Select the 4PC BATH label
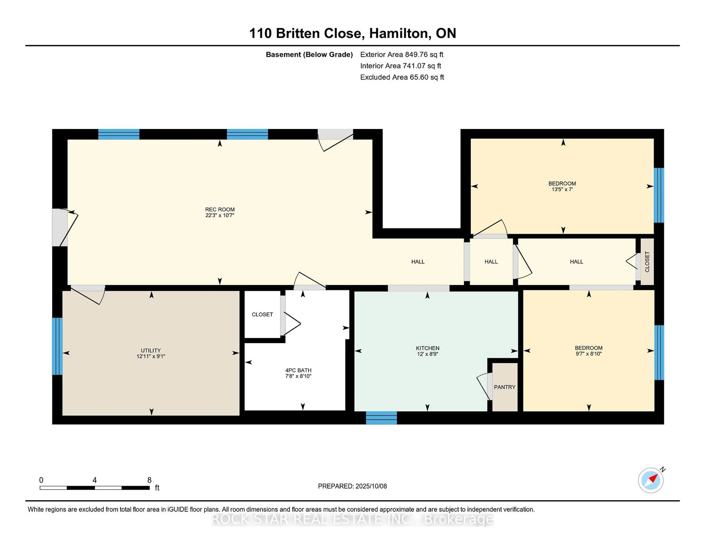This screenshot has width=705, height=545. pyautogui.click(x=298, y=370)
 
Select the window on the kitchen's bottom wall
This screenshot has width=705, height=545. pyautogui.click(x=381, y=418)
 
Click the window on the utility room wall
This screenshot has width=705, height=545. pyautogui.click(x=57, y=346)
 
